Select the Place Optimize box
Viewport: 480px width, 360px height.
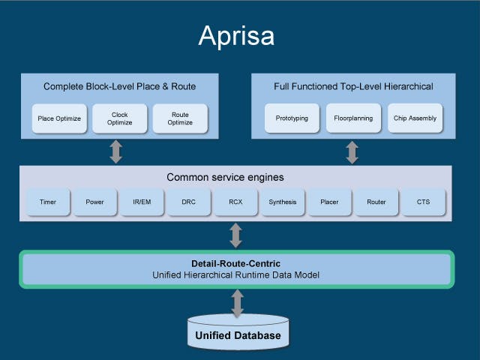(59, 118)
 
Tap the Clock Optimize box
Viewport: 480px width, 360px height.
(119, 118)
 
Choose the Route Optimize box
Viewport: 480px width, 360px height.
(180, 118)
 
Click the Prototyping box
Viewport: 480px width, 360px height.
(292, 118)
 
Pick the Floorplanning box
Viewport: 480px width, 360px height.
(353, 118)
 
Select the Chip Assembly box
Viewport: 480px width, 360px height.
(414, 118)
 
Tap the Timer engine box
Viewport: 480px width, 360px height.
(48, 202)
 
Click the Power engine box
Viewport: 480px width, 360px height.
(94, 202)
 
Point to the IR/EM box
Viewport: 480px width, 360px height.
(142, 202)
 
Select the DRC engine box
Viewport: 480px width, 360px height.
(189, 202)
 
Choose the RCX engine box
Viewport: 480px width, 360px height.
(235, 202)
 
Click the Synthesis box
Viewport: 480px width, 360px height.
(283, 202)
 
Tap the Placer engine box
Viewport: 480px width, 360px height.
(329, 202)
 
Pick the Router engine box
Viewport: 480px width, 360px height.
(376, 202)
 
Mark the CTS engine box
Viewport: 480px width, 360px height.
(423, 202)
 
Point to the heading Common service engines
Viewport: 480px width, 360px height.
(235, 178)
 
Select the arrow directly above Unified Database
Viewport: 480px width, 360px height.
(238, 302)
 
